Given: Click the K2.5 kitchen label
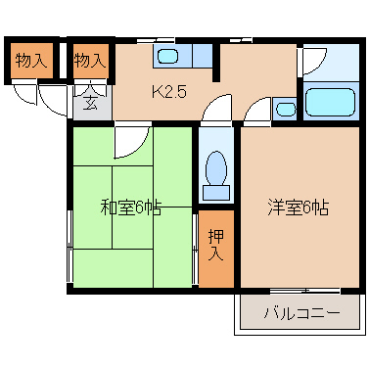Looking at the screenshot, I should click(167, 93).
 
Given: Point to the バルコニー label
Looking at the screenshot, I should click(302, 315).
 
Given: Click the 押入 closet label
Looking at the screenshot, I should click(216, 245).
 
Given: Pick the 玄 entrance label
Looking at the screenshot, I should click(90, 101).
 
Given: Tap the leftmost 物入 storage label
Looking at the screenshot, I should click(30, 61).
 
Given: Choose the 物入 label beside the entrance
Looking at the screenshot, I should click(90, 61).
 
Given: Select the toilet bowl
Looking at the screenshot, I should click(216, 167).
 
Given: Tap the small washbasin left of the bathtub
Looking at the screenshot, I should click(285, 108).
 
